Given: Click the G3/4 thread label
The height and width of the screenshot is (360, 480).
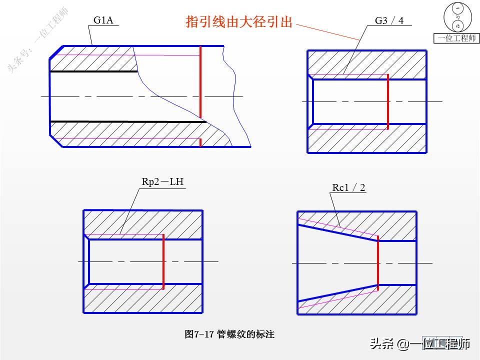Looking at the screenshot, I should point(389,21).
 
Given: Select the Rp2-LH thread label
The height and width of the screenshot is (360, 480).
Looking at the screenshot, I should point(163,182).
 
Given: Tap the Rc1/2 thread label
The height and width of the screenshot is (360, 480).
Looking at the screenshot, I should point(348,187).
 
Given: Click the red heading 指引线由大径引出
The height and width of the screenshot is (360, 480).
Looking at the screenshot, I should point(239,22).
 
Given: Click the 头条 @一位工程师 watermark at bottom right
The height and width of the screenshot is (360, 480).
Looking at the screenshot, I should point(420,344).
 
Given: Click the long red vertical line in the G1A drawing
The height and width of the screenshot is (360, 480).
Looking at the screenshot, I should point(200,82).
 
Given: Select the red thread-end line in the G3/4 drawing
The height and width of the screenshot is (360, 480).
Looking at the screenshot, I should point(387,101).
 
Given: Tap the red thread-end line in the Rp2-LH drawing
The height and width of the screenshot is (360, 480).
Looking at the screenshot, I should point(163,261).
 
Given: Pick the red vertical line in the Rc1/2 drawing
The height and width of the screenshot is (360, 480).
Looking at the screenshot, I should point(377,262).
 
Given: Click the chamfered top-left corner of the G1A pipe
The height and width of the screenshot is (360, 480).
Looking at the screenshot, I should point(56,52).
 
